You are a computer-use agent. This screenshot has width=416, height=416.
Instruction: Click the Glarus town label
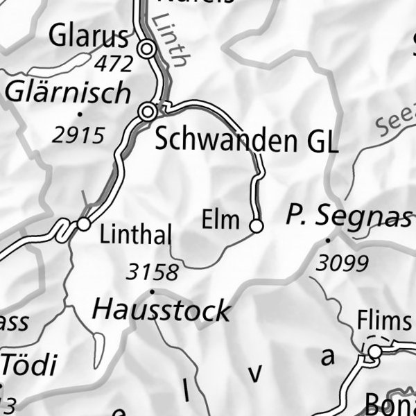point(89,36)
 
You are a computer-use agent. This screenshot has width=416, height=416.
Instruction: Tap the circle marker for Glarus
point(146,49)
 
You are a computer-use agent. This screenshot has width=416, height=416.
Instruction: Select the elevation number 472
point(114,64)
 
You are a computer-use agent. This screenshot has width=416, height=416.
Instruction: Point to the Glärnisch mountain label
point(67,92)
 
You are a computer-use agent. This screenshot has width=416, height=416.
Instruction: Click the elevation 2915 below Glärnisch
point(78,135)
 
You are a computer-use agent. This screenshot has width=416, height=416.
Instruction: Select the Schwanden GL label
point(246,141)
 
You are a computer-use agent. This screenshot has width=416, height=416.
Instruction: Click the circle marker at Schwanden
point(147,112)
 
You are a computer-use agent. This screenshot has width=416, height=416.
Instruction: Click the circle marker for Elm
point(256,226)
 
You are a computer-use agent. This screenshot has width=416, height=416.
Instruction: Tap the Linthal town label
point(135,236)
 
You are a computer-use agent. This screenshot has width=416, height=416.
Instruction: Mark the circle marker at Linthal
point(84,224)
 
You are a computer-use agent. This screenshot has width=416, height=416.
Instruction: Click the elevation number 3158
point(153,272)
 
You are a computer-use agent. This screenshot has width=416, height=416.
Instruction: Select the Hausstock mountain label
point(162,309)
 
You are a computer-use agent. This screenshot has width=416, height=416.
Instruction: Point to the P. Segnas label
point(348,217)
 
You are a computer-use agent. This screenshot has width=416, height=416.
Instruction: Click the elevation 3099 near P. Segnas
point(341,263)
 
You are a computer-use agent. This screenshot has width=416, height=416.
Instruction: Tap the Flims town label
point(383,322)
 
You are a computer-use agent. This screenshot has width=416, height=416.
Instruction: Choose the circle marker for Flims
point(374,352)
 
